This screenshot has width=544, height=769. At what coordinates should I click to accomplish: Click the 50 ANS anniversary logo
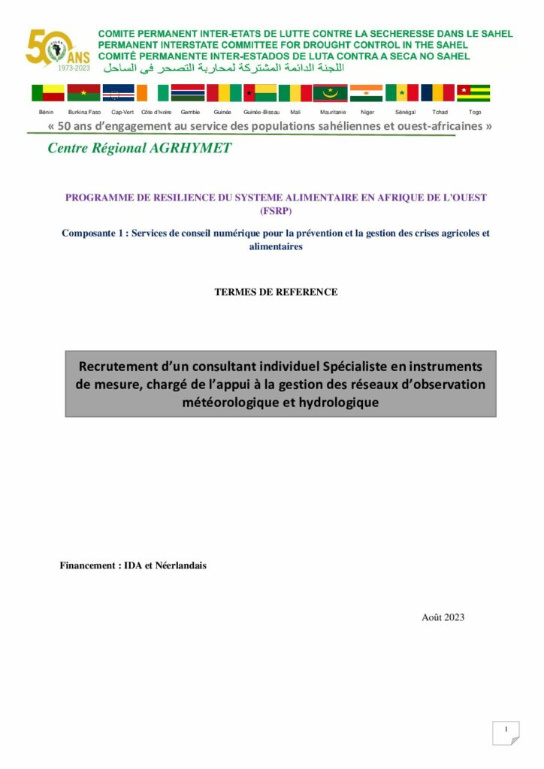tap(57, 50)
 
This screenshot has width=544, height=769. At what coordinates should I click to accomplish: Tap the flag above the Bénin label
tap(47, 93)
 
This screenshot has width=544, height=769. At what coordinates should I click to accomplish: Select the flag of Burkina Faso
tap(83, 93)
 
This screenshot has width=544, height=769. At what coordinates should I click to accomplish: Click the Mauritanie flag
tap(330, 93)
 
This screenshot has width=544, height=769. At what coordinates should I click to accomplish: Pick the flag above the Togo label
tap(473, 93)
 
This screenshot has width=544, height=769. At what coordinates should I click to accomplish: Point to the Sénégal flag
tap(402, 93)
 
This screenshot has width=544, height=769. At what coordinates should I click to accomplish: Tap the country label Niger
tap(367, 112)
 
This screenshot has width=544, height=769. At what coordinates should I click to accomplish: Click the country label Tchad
tap(440, 112)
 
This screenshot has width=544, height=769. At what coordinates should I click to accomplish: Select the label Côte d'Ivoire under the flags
tap(156, 112)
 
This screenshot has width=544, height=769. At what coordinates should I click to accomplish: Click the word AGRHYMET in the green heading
tap(190, 148)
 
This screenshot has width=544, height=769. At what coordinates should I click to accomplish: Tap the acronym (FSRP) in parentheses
tap(276, 211)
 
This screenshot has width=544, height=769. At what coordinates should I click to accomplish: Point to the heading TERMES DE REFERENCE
tap(276, 292)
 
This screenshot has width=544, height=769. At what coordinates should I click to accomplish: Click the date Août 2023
tap(443, 617)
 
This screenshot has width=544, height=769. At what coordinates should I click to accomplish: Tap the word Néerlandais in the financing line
tap(180, 565)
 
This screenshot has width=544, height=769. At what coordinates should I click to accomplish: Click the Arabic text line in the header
tap(222, 68)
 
